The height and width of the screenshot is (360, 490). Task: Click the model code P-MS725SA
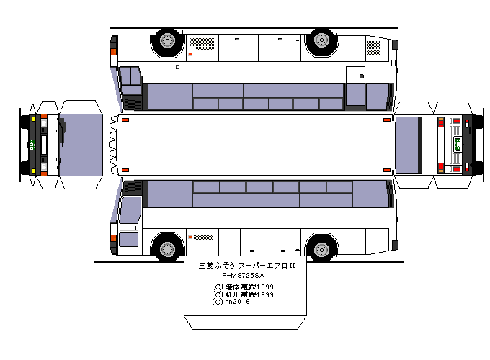pyautogui.click(x=242, y=276)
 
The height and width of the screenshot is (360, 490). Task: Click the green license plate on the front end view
pyautogui.click(x=34, y=141)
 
